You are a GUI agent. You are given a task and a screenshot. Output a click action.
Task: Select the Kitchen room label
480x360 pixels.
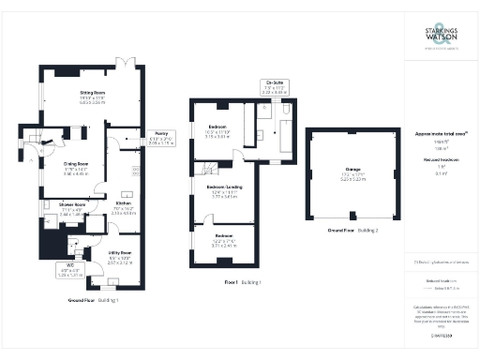tap(124, 202)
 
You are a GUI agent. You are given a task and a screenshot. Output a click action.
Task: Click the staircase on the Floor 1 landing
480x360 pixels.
tap(208, 167)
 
